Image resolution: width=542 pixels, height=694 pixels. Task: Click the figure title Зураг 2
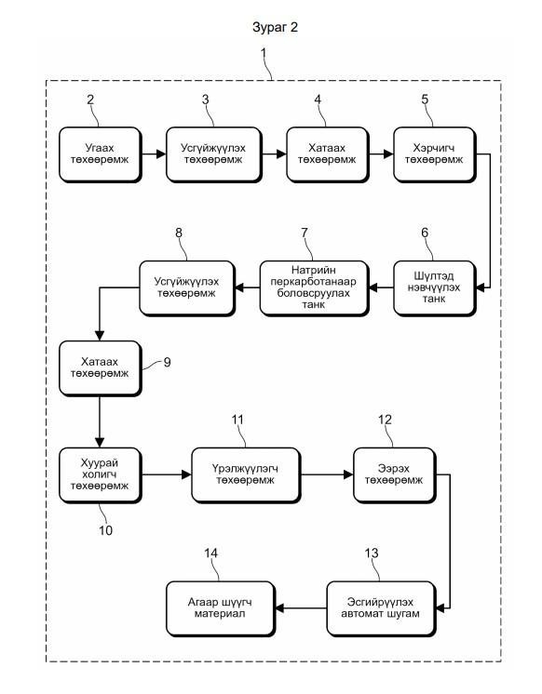tap(275, 27)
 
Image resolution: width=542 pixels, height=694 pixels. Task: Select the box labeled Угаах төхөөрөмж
tap(101, 155)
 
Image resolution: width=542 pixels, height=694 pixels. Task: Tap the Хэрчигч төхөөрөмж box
tap(435, 155)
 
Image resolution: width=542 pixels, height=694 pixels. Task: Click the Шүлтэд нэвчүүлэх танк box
tap(435, 288)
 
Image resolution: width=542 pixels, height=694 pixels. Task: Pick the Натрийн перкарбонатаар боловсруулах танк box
tap(314, 288)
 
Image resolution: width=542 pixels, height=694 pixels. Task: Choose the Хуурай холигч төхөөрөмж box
tap(101, 475)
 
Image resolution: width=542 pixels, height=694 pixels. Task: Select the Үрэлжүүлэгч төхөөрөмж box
tap(246, 475)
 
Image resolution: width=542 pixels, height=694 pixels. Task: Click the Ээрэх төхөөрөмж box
tap(395, 475)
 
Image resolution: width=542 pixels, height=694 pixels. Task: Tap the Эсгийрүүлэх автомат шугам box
tap(381, 609)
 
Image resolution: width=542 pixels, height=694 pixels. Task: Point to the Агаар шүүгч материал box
tap(221, 609)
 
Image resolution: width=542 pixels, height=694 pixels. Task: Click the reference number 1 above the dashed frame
tap(264, 53)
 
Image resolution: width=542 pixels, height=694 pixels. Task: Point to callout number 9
tap(167, 363)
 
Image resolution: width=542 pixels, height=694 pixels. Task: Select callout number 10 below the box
tap(105, 530)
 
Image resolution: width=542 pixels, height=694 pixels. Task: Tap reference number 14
tap(211, 554)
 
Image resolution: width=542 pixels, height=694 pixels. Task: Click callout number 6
tap(425, 233)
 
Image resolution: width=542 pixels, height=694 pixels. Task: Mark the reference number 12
tap(385, 420)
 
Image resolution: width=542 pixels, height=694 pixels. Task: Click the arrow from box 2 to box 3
tap(154, 154)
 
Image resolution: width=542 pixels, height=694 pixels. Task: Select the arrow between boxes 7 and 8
tap(247, 287)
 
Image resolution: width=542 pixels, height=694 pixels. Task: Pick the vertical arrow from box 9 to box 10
tap(100, 421)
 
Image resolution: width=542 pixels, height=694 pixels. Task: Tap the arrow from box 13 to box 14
tap(301, 608)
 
